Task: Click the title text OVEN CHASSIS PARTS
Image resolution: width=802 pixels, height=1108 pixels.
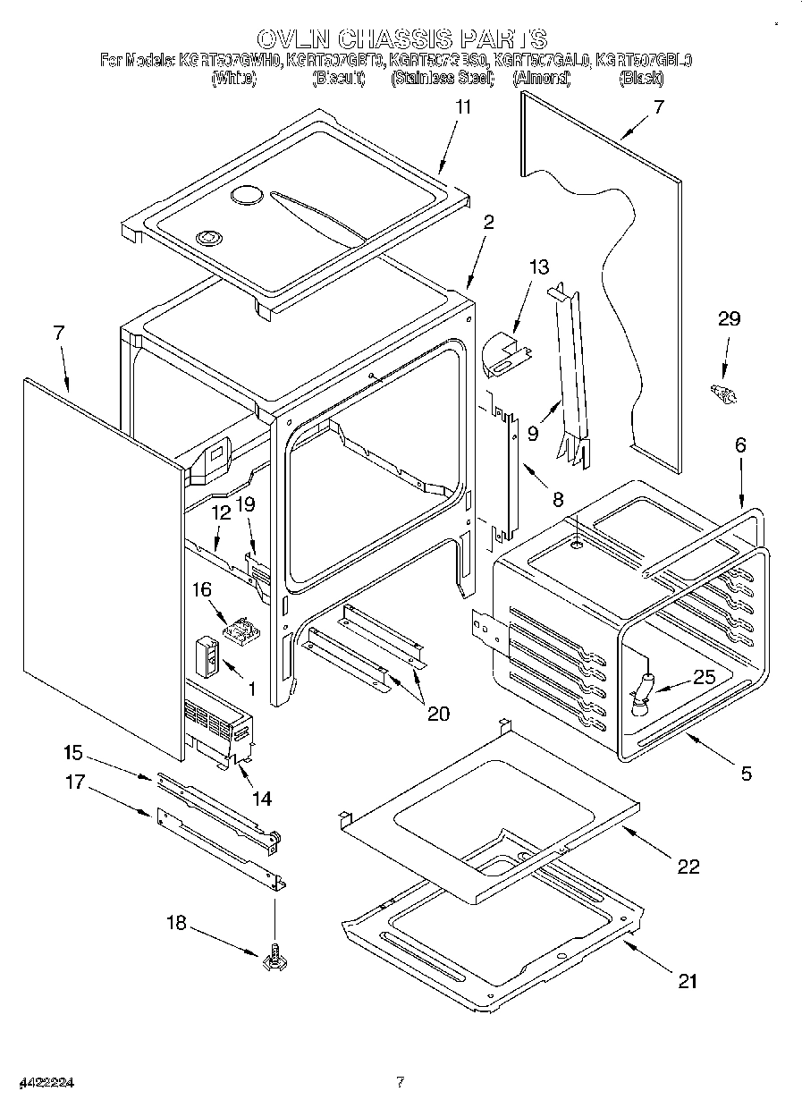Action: (401, 38)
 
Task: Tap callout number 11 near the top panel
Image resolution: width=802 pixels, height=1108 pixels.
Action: (463, 107)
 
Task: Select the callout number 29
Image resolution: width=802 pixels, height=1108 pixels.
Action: (729, 319)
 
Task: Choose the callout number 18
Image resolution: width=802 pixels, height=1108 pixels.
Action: (178, 923)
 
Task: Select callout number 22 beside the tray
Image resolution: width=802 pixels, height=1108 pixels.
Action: (688, 866)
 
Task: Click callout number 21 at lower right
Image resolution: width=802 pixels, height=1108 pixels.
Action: (686, 981)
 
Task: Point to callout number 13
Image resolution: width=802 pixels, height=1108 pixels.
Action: (539, 267)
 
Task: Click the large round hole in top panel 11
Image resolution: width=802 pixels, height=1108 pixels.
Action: (245, 196)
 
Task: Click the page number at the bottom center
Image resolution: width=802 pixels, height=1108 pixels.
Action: (401, 1082)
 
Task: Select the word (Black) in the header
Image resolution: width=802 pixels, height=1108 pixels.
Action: (640, 79)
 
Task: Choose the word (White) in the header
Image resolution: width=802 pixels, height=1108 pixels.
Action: (233, 79)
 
